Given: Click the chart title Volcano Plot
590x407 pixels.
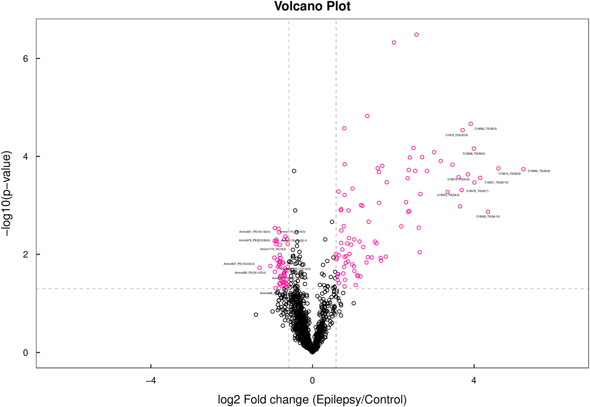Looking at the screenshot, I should coord(312,6).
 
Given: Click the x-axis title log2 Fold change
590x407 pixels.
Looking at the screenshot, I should coord(312,399).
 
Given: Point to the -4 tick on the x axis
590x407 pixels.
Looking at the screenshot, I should coord(151,380).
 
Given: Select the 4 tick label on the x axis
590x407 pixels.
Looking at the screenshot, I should coord(474,380).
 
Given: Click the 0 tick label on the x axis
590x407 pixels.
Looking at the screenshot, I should coord(312,380).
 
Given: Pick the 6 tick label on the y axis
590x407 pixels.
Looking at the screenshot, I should coord(25,59).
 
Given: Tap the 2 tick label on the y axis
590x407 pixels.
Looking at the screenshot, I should coord(25,254).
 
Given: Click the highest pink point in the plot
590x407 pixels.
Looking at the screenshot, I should coord(416,35).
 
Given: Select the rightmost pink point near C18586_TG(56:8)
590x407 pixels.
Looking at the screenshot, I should coord(523,169).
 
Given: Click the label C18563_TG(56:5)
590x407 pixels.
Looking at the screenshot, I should coord(485,129).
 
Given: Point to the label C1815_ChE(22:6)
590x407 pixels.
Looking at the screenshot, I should coord(457,135).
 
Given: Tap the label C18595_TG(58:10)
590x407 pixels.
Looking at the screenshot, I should coord(487,217).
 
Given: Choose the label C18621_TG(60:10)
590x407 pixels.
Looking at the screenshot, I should coord(496,182).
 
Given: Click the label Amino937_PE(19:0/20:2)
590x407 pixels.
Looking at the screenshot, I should coord(239,264).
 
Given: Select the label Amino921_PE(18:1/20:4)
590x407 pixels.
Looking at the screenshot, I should coord(254,232).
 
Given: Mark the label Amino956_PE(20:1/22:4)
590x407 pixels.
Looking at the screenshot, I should coord(250,273).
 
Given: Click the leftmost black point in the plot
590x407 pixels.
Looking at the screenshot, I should coord(256,314).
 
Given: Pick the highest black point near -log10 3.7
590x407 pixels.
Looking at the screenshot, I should coord(294,171).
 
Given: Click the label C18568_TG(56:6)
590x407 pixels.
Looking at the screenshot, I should coord(473,154).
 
